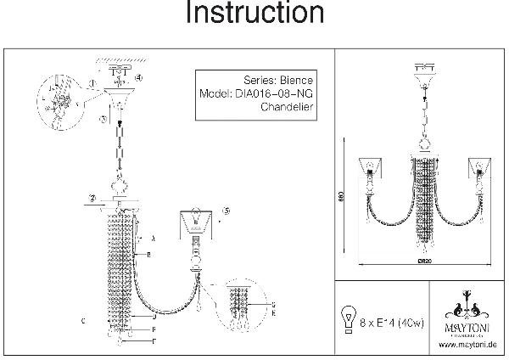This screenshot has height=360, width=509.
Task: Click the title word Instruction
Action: tap(255, 14)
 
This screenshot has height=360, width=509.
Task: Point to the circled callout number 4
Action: tap(139, 79)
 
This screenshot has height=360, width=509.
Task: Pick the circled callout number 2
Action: tap(90, 200)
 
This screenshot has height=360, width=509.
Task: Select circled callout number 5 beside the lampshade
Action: tap(225, 211)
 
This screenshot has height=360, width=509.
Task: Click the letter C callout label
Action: tap(81, 321)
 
